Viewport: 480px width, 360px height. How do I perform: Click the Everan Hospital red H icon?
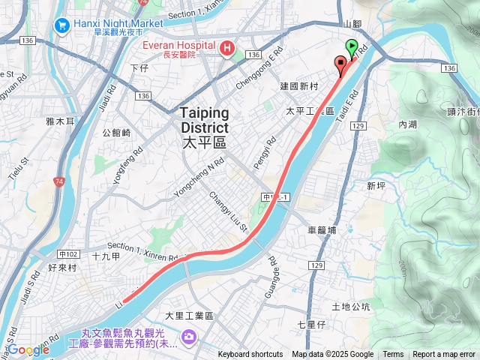[226, 49]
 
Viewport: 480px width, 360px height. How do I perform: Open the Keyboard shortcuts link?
[250, 355]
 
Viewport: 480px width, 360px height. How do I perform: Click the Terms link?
[393, 355]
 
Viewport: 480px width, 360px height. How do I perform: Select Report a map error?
[443, 355]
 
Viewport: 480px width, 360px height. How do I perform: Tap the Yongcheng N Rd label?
[199, 176]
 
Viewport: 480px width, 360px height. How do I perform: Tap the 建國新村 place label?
[299, 87]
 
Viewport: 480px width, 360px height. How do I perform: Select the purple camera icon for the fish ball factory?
[187, 335]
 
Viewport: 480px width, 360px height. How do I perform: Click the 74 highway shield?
[59, 181]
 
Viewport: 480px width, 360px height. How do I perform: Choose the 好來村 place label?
[63, 265]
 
